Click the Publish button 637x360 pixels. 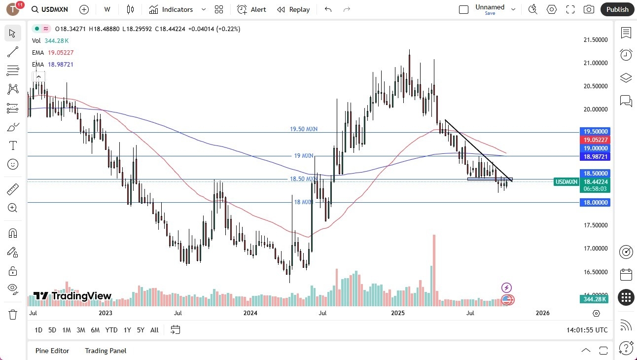[617, 9]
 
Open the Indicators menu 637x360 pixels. [177, 9]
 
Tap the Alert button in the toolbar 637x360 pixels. [251, 9]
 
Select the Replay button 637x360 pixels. [293, 9]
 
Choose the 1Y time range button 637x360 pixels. [127, 330]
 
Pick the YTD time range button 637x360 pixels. [111, 330]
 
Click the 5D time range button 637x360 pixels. [52, 330]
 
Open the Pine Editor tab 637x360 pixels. [52, 351]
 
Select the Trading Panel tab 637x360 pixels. [106, 351]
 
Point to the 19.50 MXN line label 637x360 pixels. [304, 129]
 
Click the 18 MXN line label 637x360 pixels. [304, 202]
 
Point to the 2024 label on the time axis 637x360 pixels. [250, 313]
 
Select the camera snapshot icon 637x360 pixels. [589, 9]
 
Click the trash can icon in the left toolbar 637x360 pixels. [12, 314]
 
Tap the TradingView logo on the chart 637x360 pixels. [72, 296]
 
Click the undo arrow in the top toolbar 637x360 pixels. [328, 9]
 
